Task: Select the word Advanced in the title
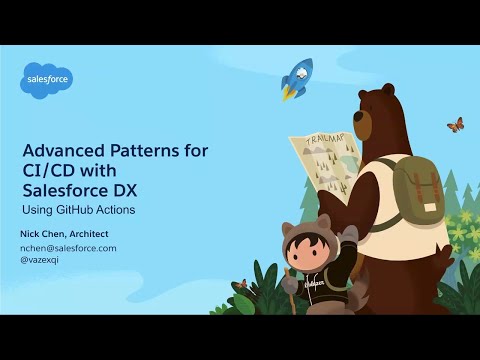tap(63, 151)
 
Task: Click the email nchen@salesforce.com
tap(68, 247)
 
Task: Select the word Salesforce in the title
tap(63, 191)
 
